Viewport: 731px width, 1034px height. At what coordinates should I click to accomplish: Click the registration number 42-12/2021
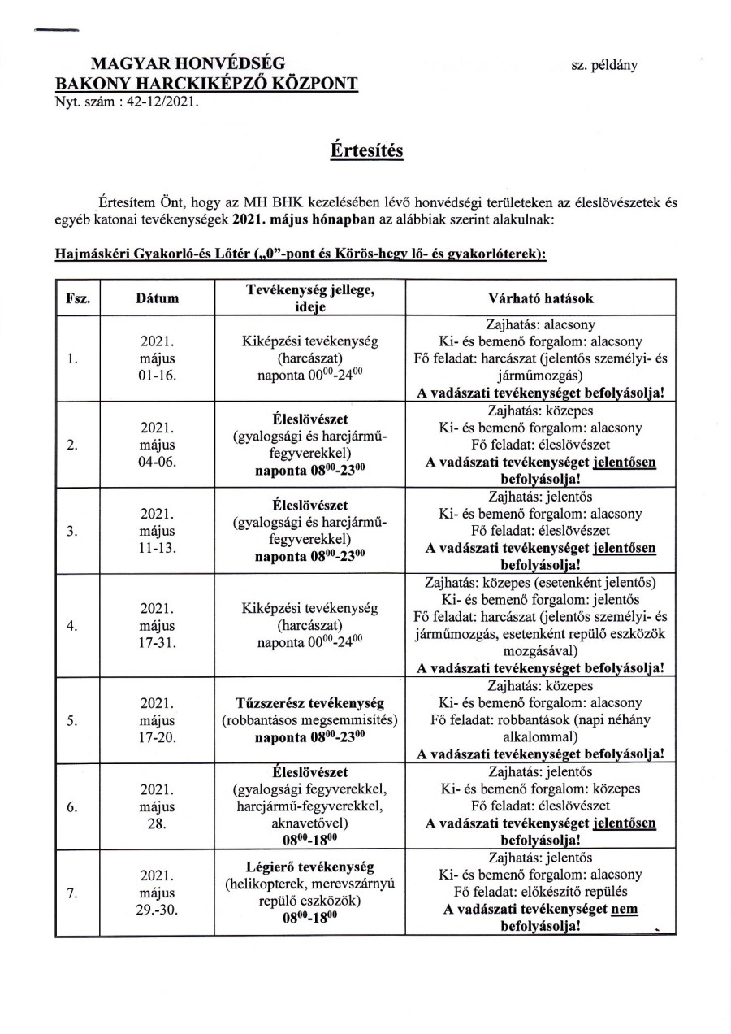click(x=157, y=102)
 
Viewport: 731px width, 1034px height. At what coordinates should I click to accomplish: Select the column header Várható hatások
click(x=540, y=298)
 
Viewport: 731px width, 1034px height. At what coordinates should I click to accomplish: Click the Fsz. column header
click(x=77, y=298)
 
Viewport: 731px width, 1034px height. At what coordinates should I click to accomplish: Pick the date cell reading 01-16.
click(x=158, y=376)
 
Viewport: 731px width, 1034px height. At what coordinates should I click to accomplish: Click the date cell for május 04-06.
click(x=158, y=445)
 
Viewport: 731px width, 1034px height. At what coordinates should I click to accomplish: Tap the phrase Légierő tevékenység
click(x=309, y=867)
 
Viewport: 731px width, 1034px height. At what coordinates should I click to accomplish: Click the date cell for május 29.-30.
click(x=158, y=893)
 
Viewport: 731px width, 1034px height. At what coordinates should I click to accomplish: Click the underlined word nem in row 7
click(x=624, y=910)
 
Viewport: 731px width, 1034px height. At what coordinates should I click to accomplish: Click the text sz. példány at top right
click(x=604, y=65)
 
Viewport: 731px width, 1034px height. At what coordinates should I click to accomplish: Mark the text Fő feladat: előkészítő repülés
click(x=540, y=893)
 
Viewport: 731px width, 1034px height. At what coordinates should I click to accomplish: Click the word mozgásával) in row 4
click(x=540, y=651)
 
